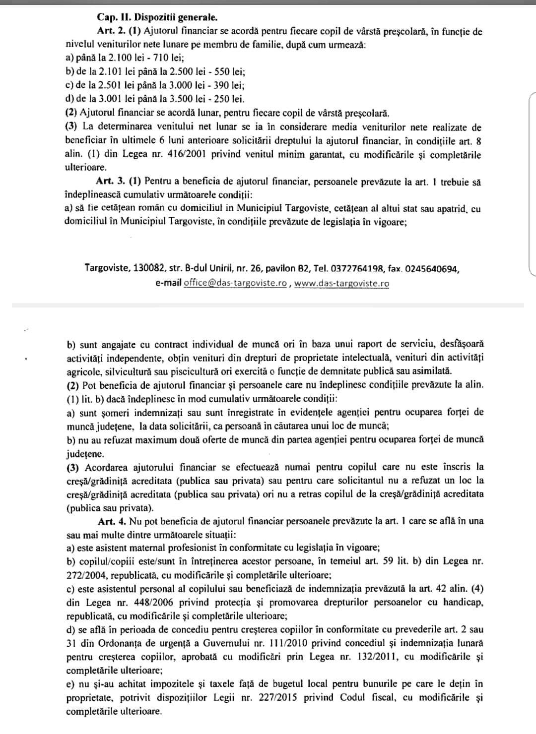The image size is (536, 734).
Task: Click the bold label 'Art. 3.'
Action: pos(112,182)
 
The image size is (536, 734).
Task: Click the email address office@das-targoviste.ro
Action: pos(235,283)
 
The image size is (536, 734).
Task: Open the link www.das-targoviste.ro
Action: pos(341,283)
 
